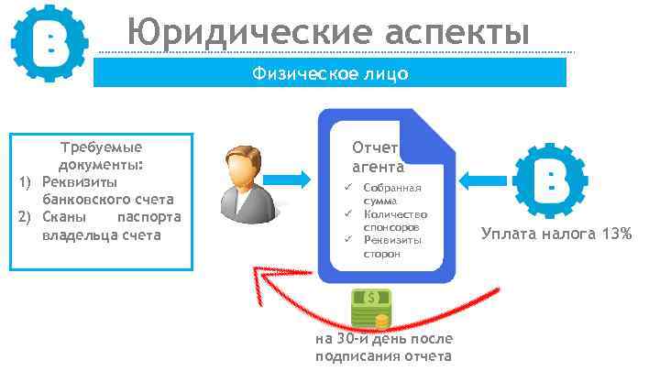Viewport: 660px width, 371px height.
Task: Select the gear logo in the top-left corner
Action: pos(48,43)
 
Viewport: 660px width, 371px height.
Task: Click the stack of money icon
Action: pos(371,309)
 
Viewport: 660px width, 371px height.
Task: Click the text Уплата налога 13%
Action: pos(556,234)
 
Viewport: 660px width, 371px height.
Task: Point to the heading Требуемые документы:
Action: pos(101,156)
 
